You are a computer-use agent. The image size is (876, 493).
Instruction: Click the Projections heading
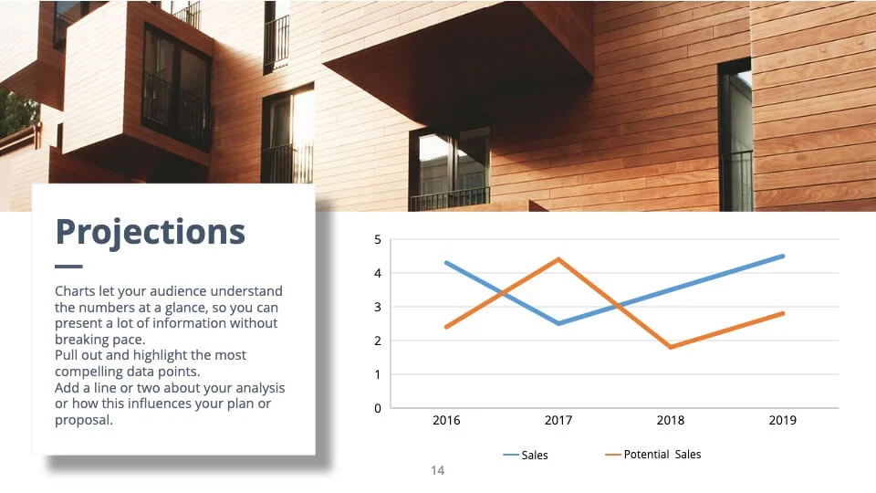tap(151, 232)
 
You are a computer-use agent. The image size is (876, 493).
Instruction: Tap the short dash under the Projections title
tap(68, 267)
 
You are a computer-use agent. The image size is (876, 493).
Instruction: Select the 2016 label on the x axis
tap(446, 420)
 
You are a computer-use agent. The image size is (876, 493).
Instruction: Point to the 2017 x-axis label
tap(558, 420)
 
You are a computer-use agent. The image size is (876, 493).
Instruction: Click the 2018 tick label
tap(671, 420)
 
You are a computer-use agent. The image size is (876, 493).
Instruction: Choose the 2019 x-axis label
tap(782, 420)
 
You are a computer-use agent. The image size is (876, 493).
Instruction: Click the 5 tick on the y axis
tap(378, 240)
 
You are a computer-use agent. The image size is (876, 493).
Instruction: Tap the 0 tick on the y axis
tap(378, 409)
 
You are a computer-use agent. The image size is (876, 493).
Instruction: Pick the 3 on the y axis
tap(378, 307)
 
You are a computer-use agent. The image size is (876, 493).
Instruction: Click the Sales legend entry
tap(526, 455)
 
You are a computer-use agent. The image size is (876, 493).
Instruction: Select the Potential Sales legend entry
tap(652, 455)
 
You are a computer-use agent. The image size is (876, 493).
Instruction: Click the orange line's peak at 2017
tap(558, 258)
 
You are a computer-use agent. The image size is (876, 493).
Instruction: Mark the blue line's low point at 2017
tap(558, 323)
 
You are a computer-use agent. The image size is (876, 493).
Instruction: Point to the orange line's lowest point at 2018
tap(671, 347)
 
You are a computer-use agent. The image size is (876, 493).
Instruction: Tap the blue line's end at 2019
tap(783, 256)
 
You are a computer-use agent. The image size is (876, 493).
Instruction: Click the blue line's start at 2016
tap(446, 263)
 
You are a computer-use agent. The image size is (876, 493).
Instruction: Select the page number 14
tap(437, 471)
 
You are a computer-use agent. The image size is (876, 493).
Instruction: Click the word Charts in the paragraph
tap(75, 291)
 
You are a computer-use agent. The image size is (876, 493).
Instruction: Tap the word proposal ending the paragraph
tap(84, 420)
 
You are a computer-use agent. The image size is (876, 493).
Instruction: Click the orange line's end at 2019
tap(783, 313)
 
